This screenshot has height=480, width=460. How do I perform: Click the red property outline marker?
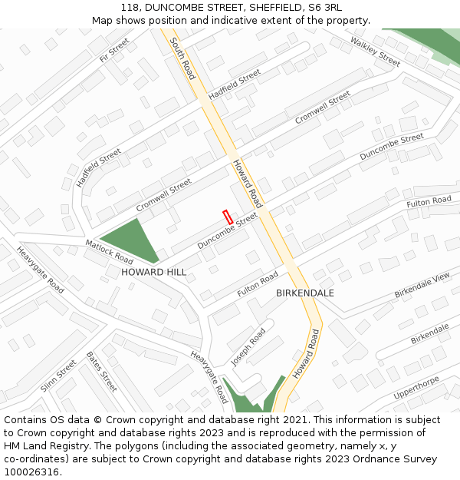[227, 217]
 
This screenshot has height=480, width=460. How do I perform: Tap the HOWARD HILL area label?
[153, 273]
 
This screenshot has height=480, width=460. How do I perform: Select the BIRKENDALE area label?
[305, 293]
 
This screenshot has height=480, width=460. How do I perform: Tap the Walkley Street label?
[376, 51]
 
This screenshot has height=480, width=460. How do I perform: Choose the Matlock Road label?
[109, 251]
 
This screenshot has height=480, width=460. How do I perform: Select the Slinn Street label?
[59, 376]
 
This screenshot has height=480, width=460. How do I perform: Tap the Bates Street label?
[101, 372]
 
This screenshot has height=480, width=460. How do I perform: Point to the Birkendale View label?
[422, 286]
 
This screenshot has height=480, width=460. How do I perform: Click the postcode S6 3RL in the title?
[325, 8]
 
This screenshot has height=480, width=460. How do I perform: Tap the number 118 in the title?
[129, 8]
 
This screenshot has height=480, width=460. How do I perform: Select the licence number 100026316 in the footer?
[31, 472]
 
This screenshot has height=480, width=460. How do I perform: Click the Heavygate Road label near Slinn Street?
[41, 269]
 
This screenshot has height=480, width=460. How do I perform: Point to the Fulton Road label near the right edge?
[429, 202]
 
